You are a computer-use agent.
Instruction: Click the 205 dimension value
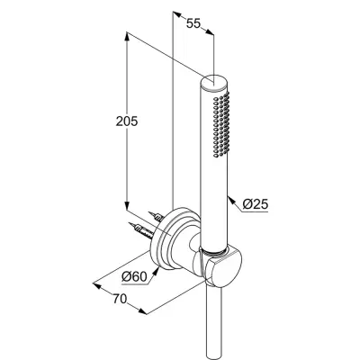127,121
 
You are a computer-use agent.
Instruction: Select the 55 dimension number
193,23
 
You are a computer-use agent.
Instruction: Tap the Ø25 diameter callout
255,204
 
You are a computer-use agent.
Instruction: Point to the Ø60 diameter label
135,276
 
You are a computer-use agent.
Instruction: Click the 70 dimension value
120,299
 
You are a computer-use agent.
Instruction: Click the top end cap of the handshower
214,82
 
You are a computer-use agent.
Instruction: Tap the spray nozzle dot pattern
221,124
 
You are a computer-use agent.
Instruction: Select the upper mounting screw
157,217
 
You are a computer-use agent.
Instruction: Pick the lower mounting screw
140,230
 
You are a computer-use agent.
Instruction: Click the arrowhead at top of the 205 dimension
127,37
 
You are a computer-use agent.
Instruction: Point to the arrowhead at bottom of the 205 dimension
127,205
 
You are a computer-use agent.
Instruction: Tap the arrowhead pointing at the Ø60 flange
156,271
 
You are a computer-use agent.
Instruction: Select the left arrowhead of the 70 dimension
97,285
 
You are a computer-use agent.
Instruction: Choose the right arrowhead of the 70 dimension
143,311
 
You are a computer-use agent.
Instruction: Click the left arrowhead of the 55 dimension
178,13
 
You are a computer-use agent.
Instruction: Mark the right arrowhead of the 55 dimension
210,31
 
